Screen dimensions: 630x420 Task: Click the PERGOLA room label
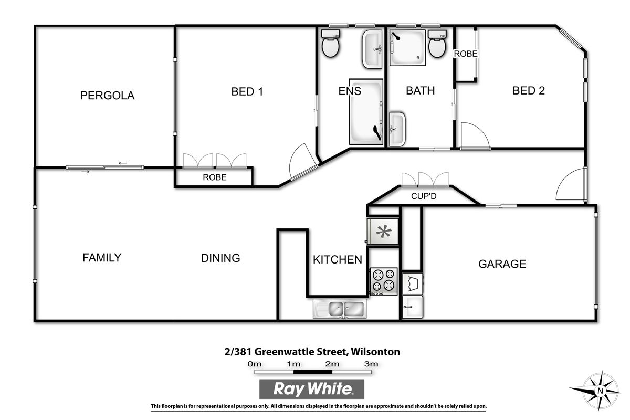[x=107, y=96]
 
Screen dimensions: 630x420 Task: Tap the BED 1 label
[x=247, y=91]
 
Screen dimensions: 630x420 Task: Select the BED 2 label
[x=529, y=90]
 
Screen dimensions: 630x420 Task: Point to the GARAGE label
[x=502, y=264]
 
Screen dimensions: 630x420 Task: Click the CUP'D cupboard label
[x=424, y=196]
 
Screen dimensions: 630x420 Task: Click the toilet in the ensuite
[x=330, y=44]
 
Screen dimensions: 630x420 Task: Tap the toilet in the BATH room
[x=437, y=44]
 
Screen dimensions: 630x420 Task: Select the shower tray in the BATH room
[x=407, y=48]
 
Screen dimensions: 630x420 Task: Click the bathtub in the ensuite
[x=366, y=112]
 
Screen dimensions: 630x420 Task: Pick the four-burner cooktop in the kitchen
[x=384, y=281]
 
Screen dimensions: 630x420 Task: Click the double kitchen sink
[x=340, y=309]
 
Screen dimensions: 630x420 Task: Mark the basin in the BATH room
[x=397, y=129]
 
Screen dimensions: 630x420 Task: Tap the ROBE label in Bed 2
[x=466, y=54]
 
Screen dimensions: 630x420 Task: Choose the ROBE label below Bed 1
[x=215, y=177]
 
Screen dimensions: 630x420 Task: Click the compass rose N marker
[x=601, y=391]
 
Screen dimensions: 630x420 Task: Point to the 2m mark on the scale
[x=332, y=364]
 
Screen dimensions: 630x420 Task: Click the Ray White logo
[x=312, y=389]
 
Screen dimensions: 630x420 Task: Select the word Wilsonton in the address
[x=375, y=352]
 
